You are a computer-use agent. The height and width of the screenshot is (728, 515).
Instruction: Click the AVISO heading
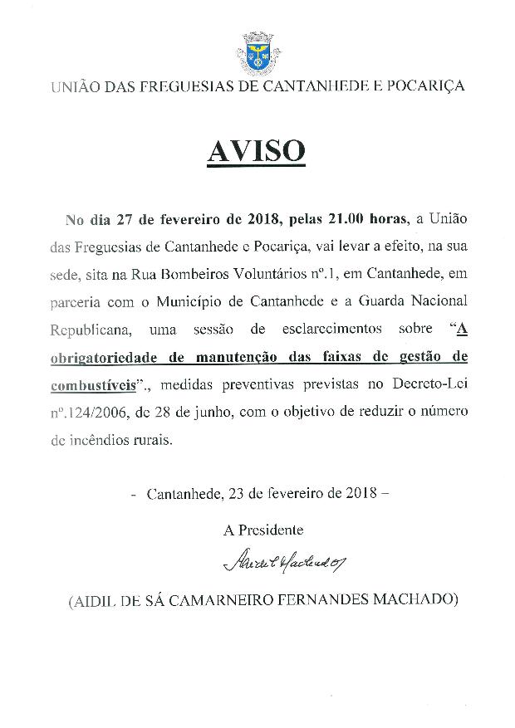coord(256,152)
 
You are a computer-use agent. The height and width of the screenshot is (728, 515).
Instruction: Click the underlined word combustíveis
coord(91,386)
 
